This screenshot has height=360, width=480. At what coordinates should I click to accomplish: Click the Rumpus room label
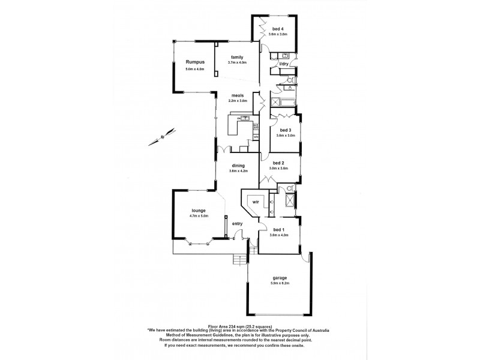195,62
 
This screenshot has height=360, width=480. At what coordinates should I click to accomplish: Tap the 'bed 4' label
278,28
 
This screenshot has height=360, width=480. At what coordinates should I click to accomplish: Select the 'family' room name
238,57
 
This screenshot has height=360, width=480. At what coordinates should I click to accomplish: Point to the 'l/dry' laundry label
284,64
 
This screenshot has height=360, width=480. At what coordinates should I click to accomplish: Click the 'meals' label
238,95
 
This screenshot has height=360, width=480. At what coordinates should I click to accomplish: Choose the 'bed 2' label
278,163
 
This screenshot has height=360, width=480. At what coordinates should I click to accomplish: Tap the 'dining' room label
238,166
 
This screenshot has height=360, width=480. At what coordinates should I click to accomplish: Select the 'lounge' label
199,211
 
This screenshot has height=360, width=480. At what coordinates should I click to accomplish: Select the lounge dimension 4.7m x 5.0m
199,216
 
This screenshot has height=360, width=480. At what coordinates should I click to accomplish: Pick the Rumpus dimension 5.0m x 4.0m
195,70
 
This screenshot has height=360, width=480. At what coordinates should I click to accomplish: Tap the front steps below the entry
239,259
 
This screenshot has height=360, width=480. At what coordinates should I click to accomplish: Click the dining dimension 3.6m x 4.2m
238,171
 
